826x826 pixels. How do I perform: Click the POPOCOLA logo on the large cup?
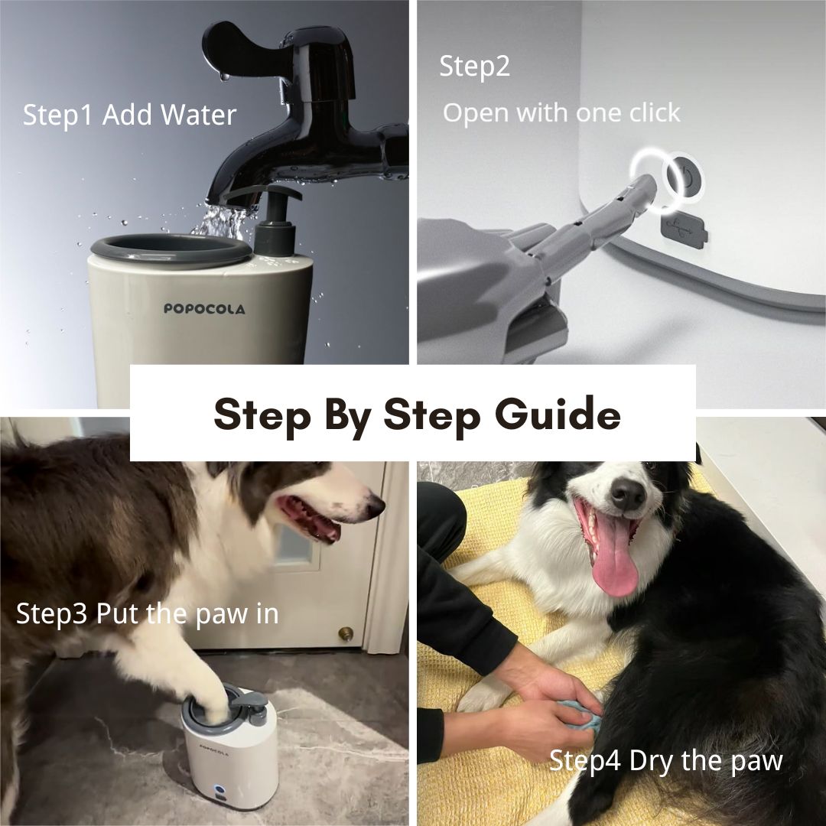tap(204, 309)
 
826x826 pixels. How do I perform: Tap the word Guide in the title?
tap(558, 415)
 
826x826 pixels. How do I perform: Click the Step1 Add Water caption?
tap(129, 115)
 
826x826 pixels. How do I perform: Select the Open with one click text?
tap(561, 113)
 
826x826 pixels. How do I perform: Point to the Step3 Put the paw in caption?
tap(148, 614)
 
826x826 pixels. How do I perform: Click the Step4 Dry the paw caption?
tap(666, 761)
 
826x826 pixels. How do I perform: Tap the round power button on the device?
tap(685, 177)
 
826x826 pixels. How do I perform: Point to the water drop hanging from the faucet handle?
tap(225, 77)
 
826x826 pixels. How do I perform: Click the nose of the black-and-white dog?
tap(627, 493)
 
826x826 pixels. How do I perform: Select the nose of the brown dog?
tap(375, 507)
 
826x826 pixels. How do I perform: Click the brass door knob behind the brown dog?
tap(346, 633)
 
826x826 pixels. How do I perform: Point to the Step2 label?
tap(475, 67)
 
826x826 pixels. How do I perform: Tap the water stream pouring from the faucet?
tap(221, 222)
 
